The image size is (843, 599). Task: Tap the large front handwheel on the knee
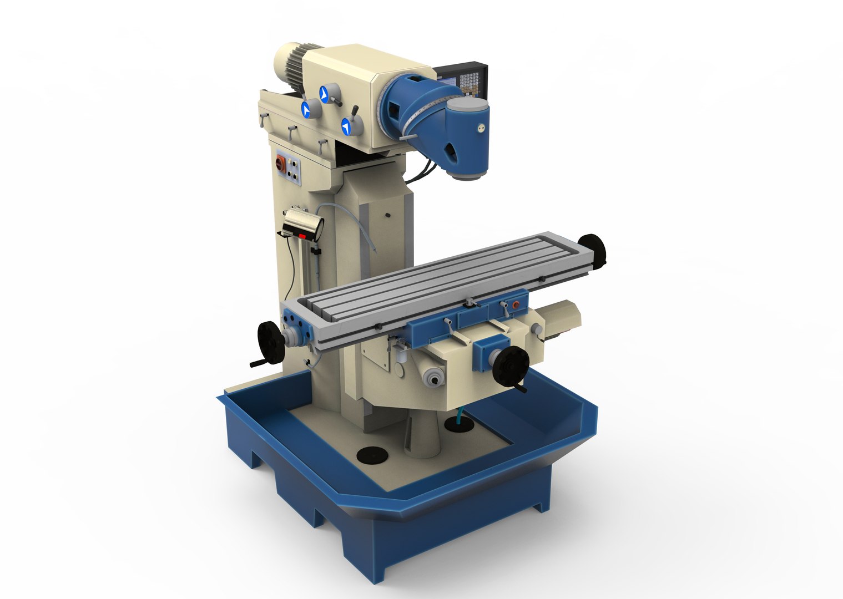click(509, 366)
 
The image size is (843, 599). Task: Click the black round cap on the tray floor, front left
click(371, 455)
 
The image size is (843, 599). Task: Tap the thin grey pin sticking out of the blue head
click(408, 138)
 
